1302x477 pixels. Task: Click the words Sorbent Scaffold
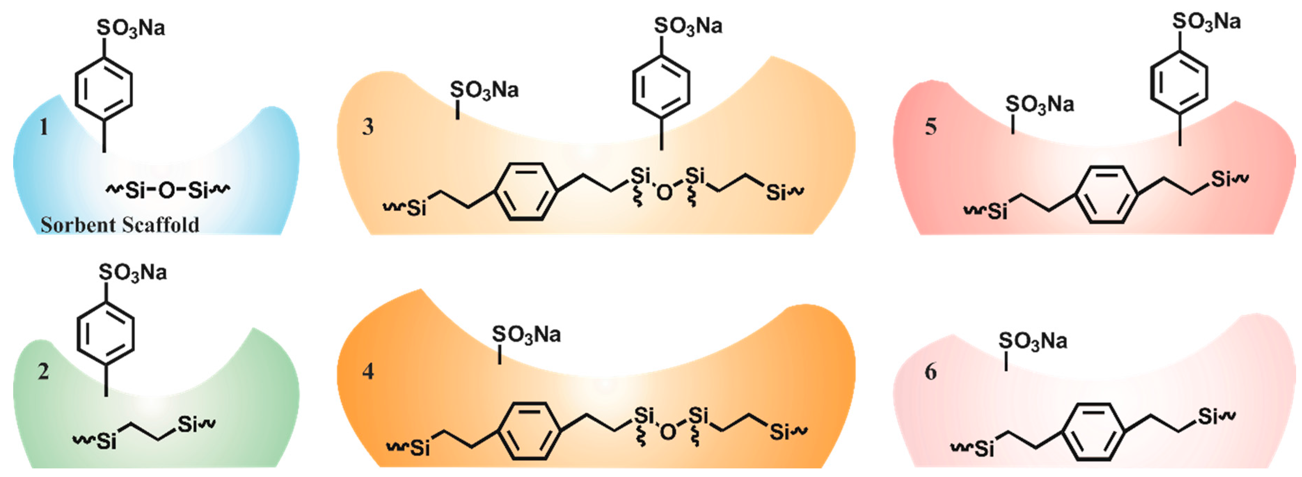click(120, 225)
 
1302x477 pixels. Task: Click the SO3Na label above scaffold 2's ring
click(133, 273)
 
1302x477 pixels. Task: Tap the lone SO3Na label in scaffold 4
click(526, 334)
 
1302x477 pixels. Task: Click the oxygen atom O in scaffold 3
click(665, 192)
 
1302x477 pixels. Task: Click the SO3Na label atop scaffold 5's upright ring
click(1206, 22)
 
